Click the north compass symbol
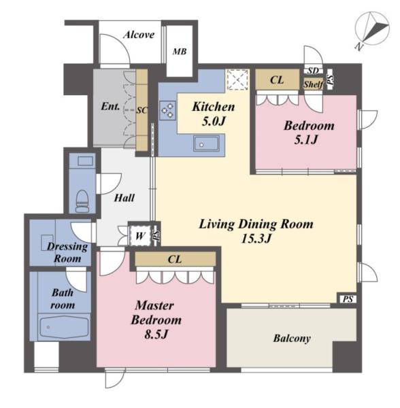tap(372, 29)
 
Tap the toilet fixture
tap(83, 201)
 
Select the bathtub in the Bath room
tap(64, 326)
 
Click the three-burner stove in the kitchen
tap(167, 110)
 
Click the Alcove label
tap(139, 35)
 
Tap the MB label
tap(180, 52)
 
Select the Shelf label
tap(314, 84)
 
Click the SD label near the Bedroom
tap(314, 71)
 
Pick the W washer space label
tap(139, 236)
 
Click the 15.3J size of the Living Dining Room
tap(256, 239)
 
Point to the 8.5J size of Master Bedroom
tap(156, 335)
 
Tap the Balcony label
tap(292, 339)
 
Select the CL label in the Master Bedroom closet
tap(175, 259)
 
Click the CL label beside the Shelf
tap(277, 80)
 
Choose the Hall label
tap(124, 198)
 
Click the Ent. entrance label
tap(110, 106)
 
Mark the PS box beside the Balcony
tap(348, 299)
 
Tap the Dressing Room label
tap(67, 252)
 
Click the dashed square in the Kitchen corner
tap(237, 80)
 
